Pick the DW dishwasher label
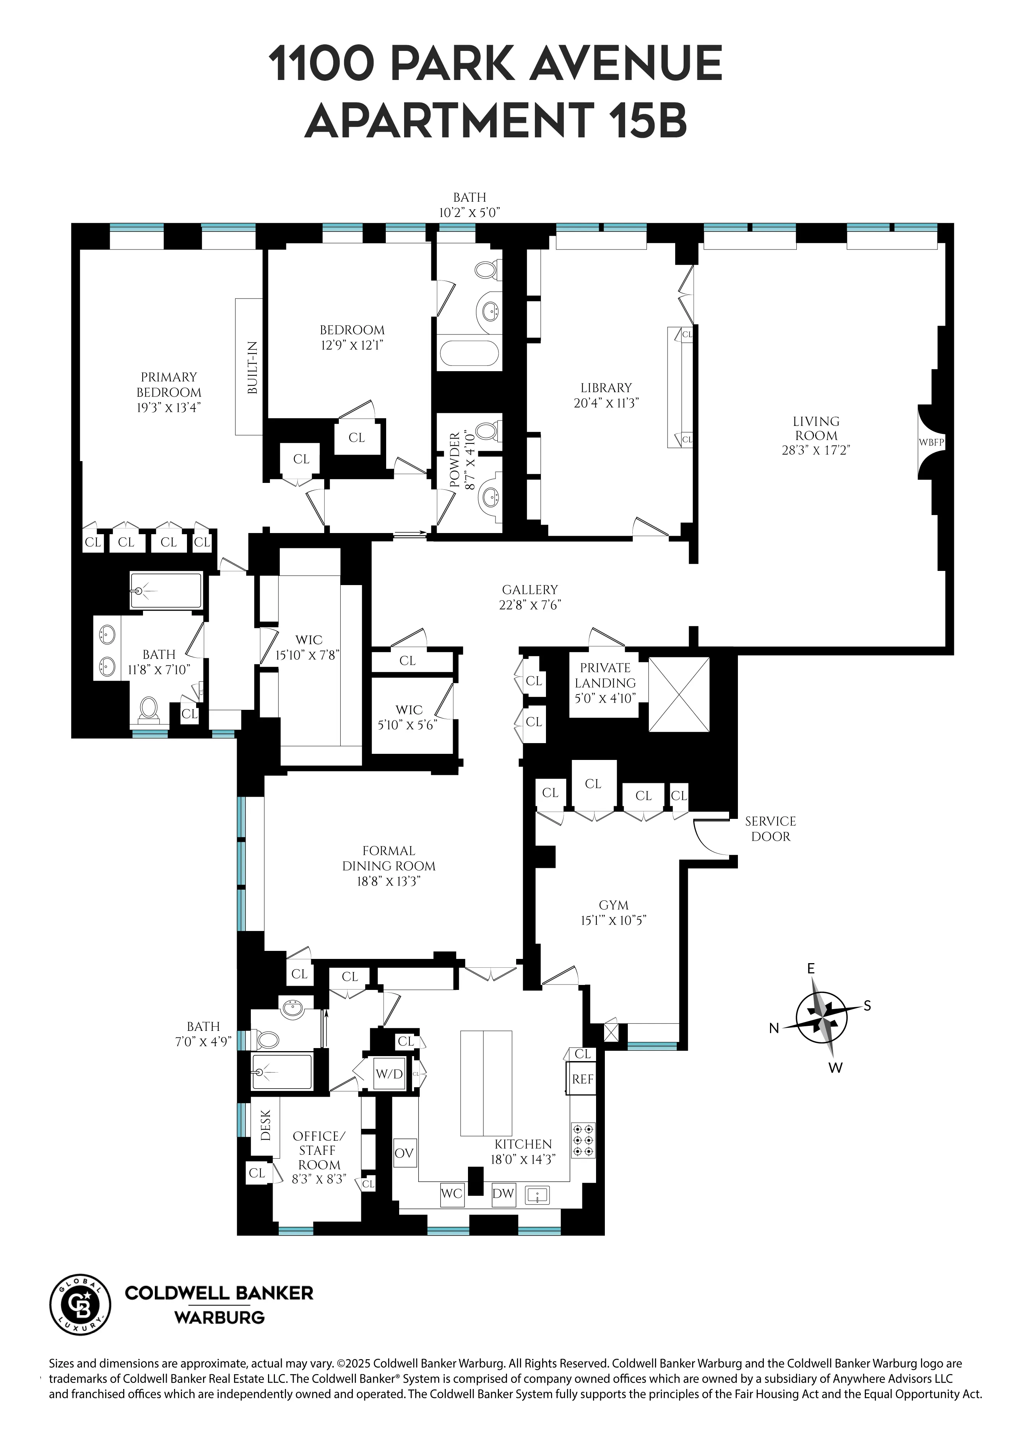503,1193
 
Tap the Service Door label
770,828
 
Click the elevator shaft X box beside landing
679,694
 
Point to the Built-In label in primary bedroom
252,367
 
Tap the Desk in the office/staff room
265,1126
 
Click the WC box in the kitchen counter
452,1193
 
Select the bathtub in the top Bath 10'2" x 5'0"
470,354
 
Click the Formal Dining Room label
388,858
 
